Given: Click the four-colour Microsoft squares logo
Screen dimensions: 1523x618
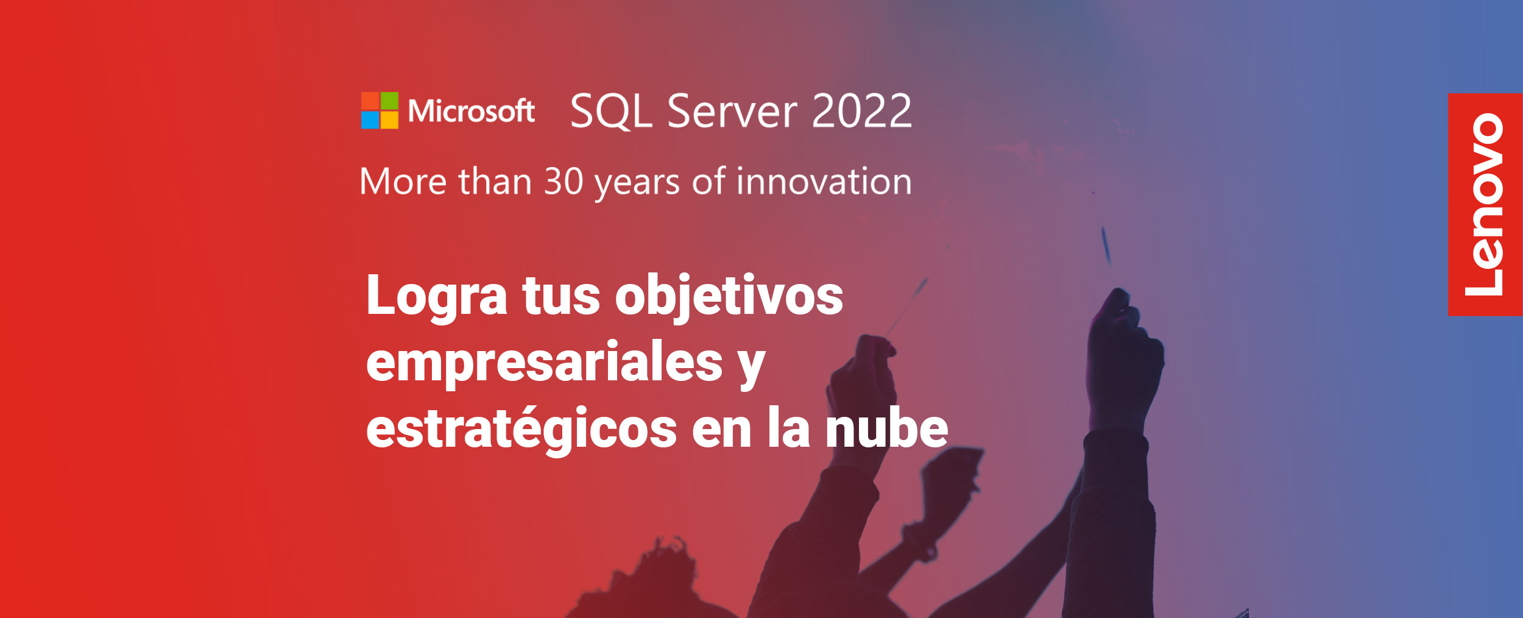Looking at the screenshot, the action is pos(380,110).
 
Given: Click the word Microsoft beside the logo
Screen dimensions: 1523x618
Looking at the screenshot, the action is pos(472,111).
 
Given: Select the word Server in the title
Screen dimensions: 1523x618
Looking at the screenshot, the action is pos(732,111).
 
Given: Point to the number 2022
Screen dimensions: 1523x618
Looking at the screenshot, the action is pos(861,110).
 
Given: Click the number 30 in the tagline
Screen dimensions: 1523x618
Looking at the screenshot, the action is pos(564,181).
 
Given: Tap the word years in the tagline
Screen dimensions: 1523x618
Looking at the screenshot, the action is pos(637,184).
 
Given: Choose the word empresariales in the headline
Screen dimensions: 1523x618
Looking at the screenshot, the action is pos(545,361).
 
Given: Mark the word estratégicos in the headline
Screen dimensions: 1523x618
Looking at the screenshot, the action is pos(521,428).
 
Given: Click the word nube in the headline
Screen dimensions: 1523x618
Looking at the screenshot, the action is pos(886,428).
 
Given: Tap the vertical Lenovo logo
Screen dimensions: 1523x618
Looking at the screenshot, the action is pos(1485,205).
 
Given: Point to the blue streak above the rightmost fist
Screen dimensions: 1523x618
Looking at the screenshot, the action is pos(1106,245).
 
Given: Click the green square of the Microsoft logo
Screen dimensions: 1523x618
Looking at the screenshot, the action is pos(389,101).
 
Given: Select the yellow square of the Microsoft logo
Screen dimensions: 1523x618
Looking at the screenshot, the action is pos(389,120).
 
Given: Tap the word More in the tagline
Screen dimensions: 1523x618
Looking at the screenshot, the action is pos(403,181).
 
